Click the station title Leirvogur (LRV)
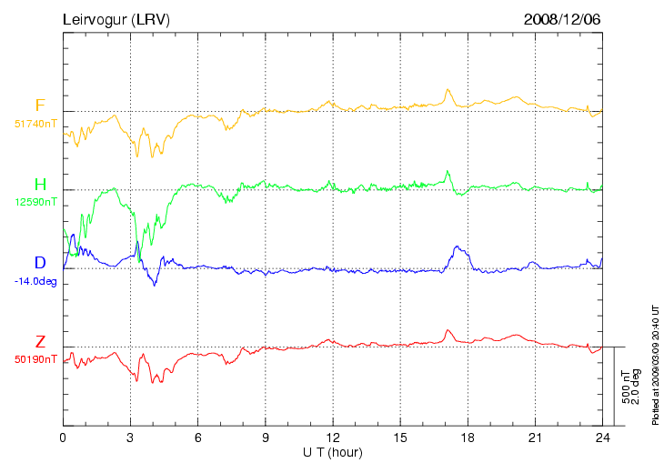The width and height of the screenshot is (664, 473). (x=116, y=19)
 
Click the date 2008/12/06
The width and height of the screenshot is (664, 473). (x=562, y=19)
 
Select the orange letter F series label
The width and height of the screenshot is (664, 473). (x=40, y=106)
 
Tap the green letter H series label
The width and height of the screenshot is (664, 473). (x=40, y=185)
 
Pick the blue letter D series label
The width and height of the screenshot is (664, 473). (x=40, y=263)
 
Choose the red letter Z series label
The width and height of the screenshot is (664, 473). (x=40, y=342)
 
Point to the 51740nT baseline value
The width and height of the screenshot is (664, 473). (x=35, y=122)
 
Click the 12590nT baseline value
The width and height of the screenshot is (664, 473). (x=35, y=201)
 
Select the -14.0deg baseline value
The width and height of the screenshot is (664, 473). (x=36, y=280)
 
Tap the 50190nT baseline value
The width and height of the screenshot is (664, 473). (x=35, y=358)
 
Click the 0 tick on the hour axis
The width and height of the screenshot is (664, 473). (x=63, y=438)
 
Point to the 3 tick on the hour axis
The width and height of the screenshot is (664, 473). (x=130, y=438)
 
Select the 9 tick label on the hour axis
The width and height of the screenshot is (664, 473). (x=266, y=438)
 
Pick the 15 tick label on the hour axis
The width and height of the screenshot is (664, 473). (x=400, y=438)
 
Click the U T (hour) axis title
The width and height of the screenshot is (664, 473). (x=333, y=452)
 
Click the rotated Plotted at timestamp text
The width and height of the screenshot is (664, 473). (x=655, y=364)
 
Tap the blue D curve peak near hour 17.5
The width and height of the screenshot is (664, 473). (x=457, y=247)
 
